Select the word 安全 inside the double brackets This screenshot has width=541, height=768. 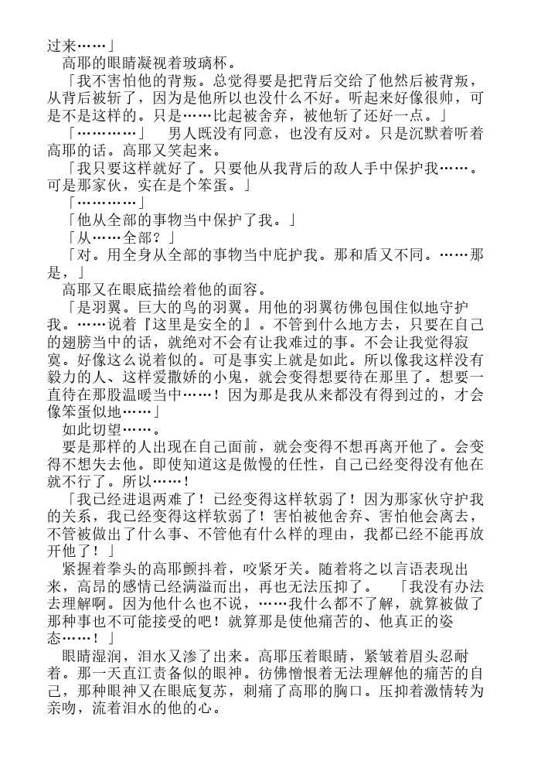pos(207,324)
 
